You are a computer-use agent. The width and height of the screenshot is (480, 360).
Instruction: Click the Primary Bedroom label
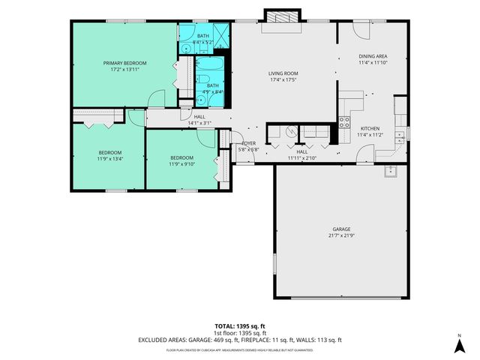point(124,62)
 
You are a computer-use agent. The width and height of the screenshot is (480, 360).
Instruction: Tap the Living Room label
point(283,73)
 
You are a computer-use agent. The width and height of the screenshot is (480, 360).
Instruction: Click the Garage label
point(342,229)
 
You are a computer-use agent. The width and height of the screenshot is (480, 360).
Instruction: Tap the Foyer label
point(248,143)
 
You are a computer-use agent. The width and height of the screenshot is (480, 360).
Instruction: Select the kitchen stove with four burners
point(346,121)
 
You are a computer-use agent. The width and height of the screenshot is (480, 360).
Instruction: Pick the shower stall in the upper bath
point(220,31)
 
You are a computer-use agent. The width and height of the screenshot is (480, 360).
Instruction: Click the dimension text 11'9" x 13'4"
point(109,159)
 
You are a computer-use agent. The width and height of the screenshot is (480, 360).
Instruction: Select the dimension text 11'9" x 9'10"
point(182,163)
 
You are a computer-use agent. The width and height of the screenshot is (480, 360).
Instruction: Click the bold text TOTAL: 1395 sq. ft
point(239,325)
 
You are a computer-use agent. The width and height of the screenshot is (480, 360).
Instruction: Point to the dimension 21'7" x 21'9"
point(342,236)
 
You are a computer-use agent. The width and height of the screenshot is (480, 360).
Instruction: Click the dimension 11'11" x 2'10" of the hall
point(302,158)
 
